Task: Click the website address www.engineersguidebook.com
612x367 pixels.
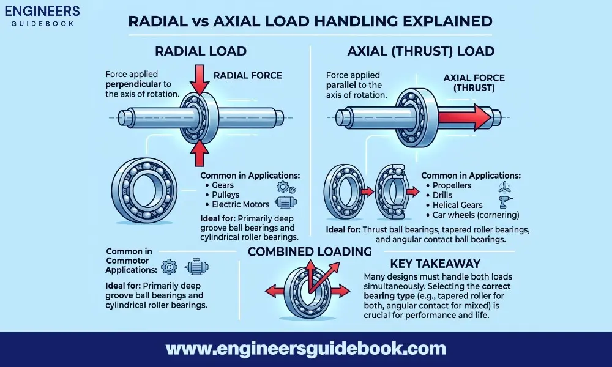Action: (306, 349)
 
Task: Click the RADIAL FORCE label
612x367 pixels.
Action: (247, 75)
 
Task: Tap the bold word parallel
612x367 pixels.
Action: (342, 85)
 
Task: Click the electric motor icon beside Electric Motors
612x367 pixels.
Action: (285, 204)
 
